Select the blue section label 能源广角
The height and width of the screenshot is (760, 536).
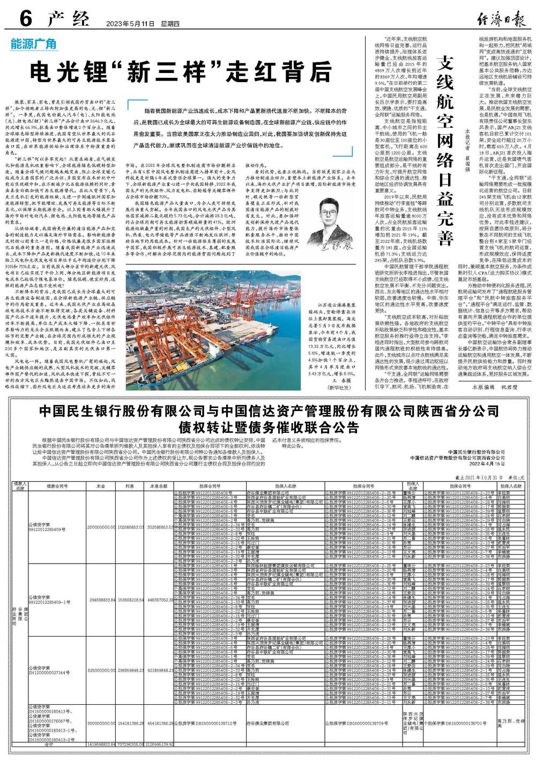[x=33, y=45]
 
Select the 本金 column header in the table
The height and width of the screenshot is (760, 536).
[x=100, y=486]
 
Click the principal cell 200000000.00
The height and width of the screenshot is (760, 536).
[x=101, y=527]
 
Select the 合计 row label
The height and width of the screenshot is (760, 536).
[x=49, y=745]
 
